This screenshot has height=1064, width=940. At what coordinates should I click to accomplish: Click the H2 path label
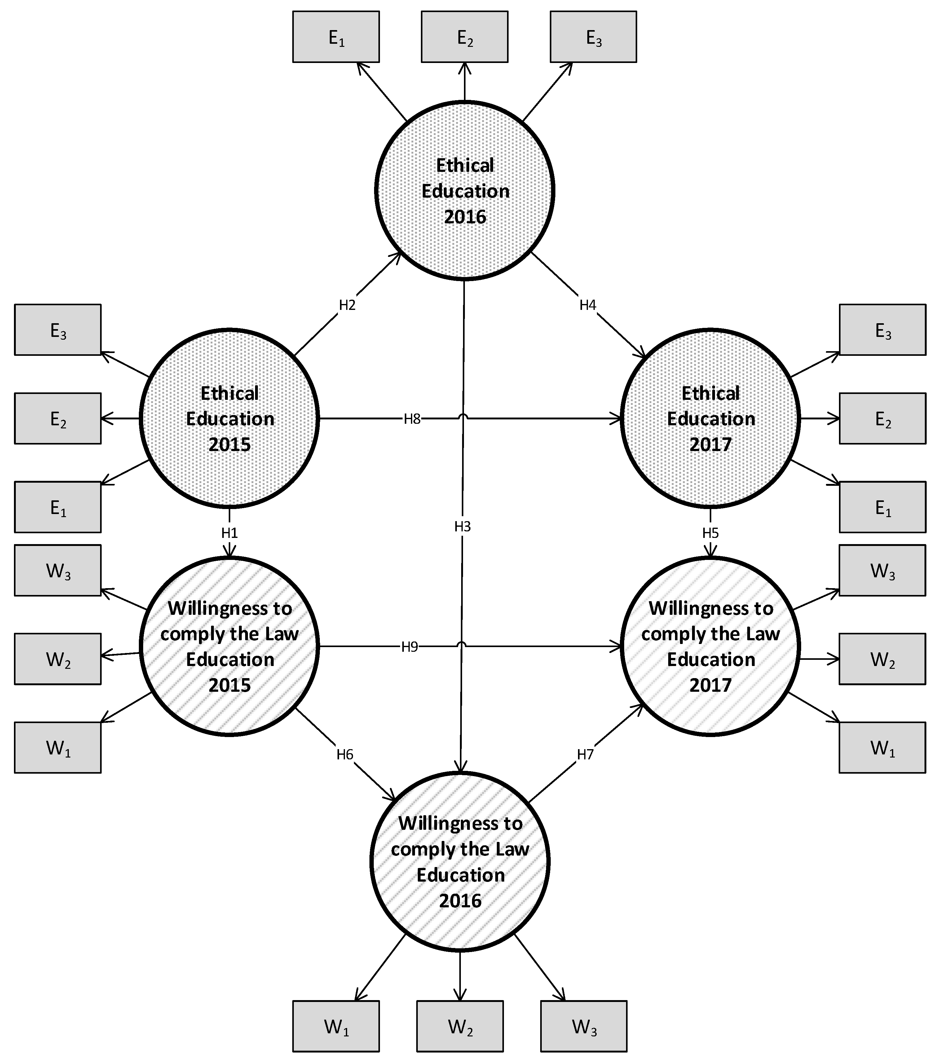click(x=347, y=305)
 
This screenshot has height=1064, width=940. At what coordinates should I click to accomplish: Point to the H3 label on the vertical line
click(x=462, y=527)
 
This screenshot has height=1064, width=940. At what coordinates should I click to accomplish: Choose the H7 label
click(x=585, y=754)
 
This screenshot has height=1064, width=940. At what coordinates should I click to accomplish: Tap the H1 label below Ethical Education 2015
click(x=229, y=533)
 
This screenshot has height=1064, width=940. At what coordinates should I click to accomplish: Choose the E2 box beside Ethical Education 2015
click(x=58, y=418)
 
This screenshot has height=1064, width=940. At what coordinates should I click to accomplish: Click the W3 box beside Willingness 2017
click(x=882, y=570)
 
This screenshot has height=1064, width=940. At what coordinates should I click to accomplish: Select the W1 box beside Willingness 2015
click(x=58, y=748)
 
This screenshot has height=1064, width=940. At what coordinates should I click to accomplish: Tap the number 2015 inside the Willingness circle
click(x=229, y=685)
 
